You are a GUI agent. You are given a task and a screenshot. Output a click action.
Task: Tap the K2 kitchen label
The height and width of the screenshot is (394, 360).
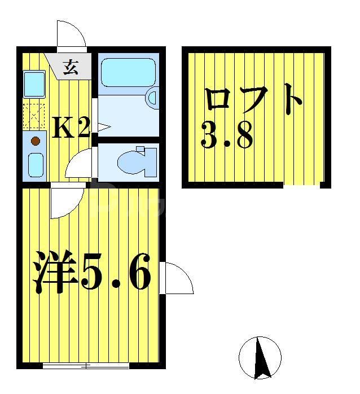click(71, 129)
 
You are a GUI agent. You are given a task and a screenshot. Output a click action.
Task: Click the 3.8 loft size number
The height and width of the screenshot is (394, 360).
click(227, 135)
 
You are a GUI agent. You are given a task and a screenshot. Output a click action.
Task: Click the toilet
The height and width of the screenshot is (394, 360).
click(135, 159)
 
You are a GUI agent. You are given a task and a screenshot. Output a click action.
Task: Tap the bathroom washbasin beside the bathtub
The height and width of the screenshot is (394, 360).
click(153, 98)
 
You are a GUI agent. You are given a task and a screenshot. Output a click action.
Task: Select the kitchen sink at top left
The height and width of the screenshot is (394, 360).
click(34, 84)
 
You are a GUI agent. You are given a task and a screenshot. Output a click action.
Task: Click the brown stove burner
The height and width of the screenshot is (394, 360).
click(35, 141)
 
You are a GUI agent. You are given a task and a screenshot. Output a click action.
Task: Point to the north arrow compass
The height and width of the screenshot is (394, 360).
click(260, 357)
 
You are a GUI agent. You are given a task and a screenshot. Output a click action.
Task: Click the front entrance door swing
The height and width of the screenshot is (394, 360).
click(72, 35)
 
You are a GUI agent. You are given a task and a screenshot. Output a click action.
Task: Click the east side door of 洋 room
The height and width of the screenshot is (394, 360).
click(177, 278)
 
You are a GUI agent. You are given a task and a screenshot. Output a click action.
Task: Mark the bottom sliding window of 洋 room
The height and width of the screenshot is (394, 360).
click(86, 365)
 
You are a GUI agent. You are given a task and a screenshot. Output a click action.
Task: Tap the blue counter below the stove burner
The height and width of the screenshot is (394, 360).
click(36, 164)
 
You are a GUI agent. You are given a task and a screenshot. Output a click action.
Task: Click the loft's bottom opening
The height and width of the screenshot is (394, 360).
click(301, 185)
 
